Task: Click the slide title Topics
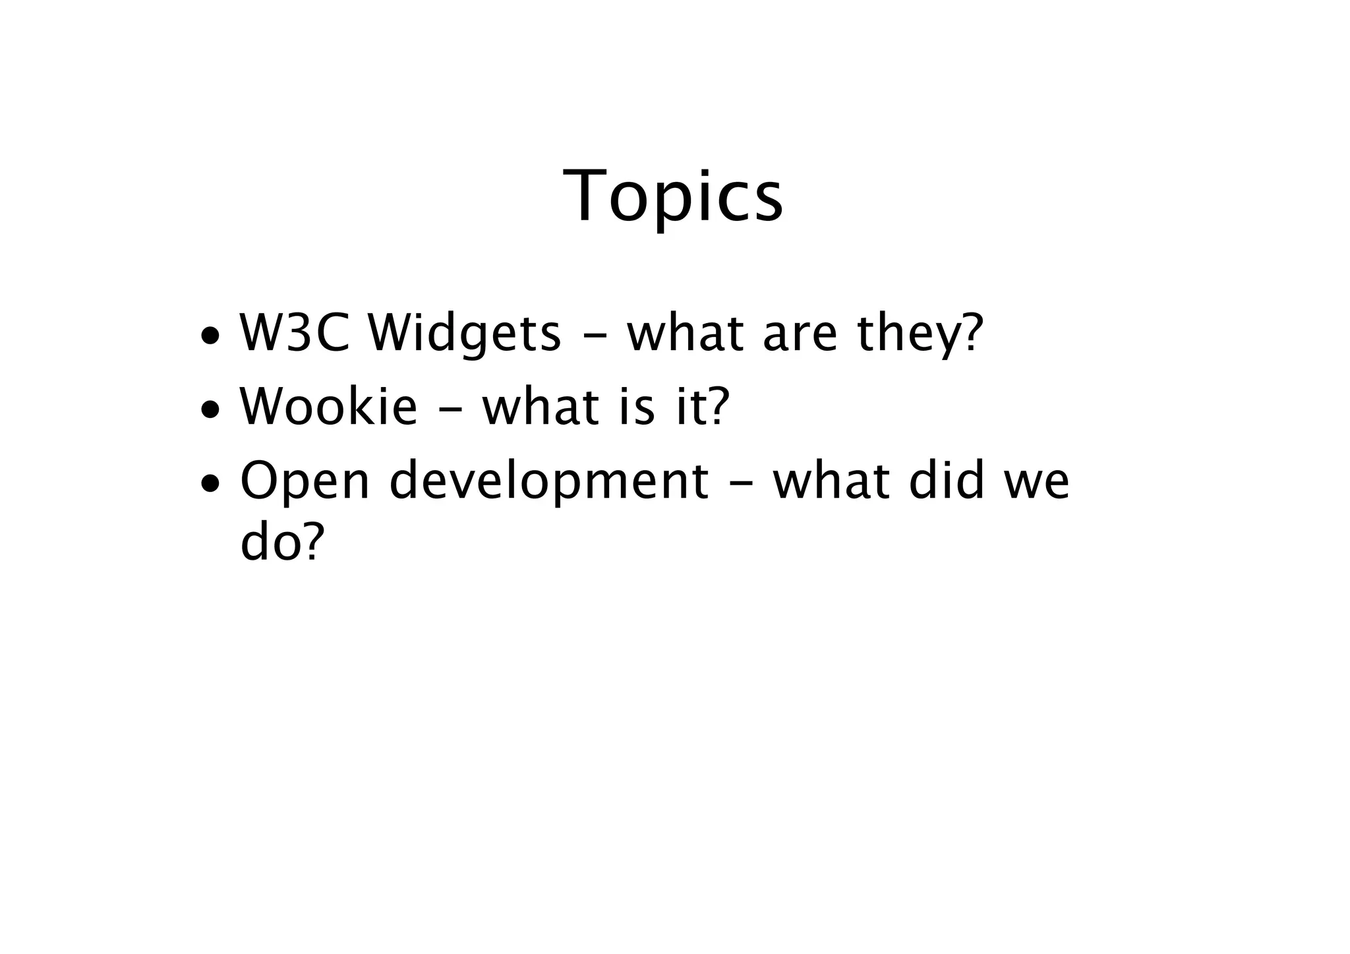[673, 196]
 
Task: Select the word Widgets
[464, 334]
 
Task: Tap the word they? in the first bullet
[920, 334]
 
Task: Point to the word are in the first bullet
[800, 334]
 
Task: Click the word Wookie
[328, 407]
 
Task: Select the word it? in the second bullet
[704, 407]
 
